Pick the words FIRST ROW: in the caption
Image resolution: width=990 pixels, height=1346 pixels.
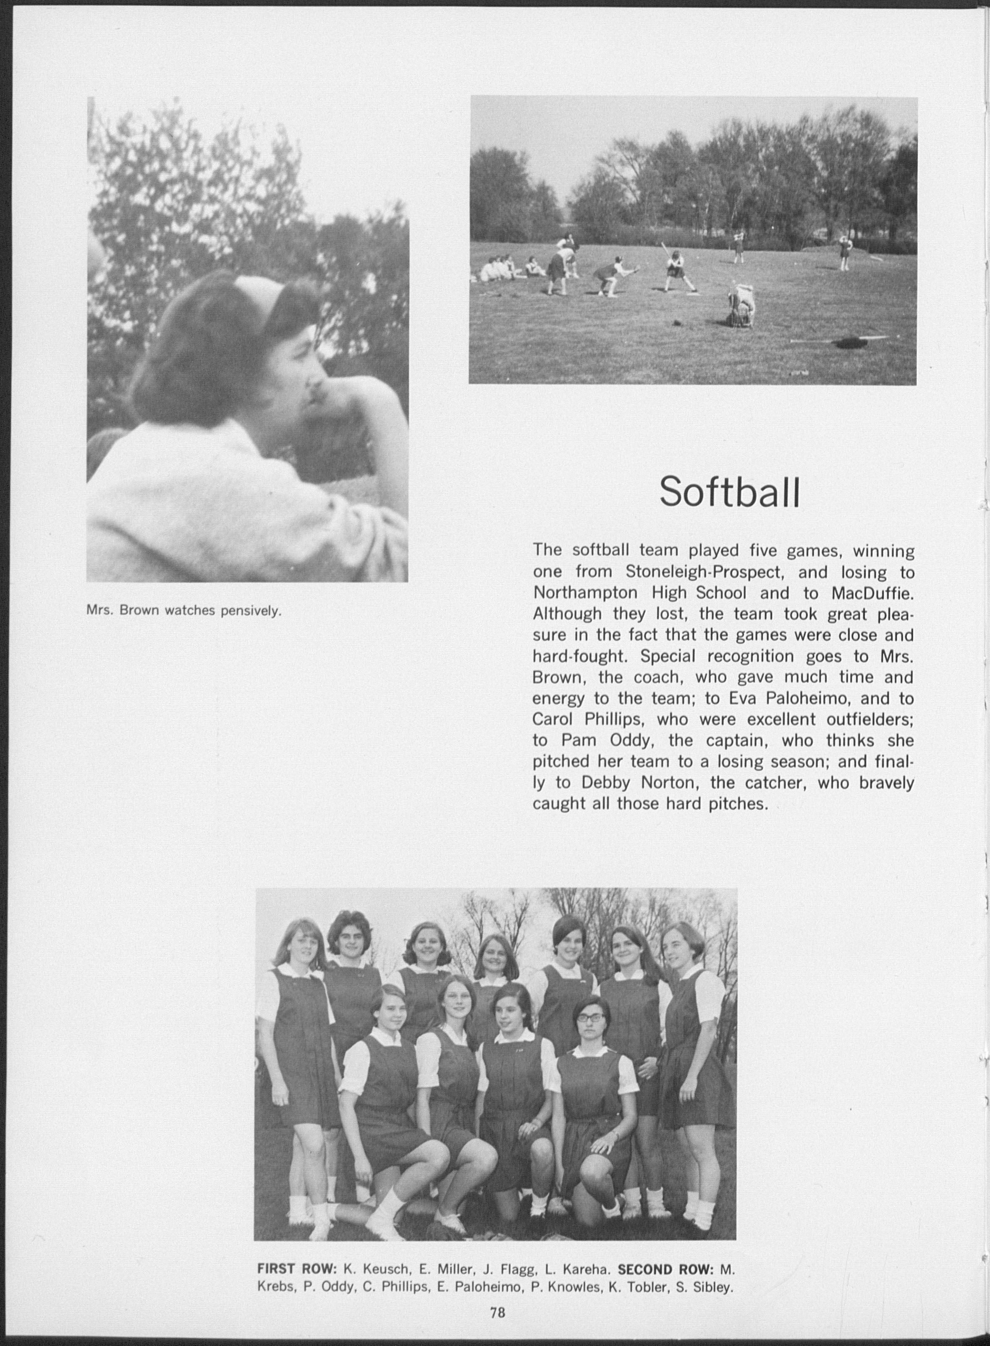coord(297,1269)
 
